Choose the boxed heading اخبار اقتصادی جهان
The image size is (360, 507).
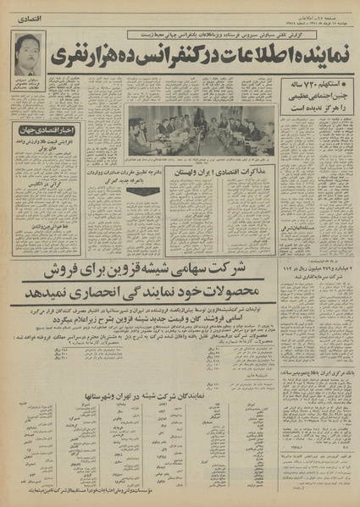point(47,129)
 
